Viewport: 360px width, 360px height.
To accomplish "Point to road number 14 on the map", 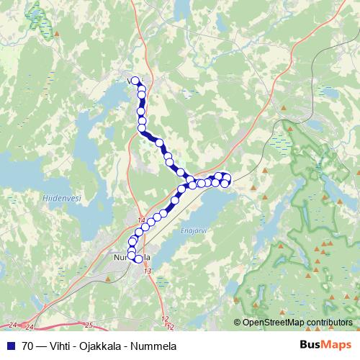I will [140, 220].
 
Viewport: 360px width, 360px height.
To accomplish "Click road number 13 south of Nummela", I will [148, 271].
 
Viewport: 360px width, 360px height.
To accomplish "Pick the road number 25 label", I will [89, 325].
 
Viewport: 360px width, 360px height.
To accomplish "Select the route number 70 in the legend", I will [27, 346].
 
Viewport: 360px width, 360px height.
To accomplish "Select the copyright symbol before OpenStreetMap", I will [238, 322].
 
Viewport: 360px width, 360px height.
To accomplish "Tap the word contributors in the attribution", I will [328, 322].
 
